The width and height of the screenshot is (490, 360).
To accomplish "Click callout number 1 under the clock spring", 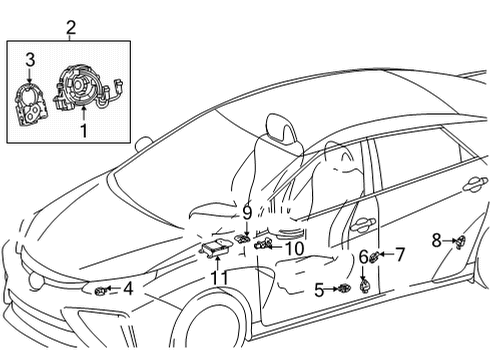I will tap(84, 130).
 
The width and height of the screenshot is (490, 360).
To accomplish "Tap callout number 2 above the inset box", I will tap(69, 27).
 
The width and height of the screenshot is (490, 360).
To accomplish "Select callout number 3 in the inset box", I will tap(30, 59).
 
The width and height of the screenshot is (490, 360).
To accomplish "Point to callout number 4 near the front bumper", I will tap(127, 289).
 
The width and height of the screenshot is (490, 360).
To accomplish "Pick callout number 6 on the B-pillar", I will tap(363, 258).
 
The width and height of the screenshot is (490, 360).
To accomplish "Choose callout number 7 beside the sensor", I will tap(399, 254).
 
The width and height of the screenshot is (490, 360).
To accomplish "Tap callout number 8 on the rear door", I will tap(437, 239).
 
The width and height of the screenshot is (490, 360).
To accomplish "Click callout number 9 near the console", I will tap(246, 212).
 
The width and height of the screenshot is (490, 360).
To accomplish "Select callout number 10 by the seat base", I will tap(293, 248).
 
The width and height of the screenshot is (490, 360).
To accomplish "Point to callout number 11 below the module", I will tap(219, 277).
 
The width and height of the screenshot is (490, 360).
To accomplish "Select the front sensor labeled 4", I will tap(102, 290).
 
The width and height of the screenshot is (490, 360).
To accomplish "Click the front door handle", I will tap(361, 225).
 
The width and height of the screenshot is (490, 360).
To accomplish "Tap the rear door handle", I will tap(474, 184).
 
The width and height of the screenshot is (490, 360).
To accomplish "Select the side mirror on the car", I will tap(142, 144).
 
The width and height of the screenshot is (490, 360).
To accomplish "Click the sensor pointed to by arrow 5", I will tap(343, 290).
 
